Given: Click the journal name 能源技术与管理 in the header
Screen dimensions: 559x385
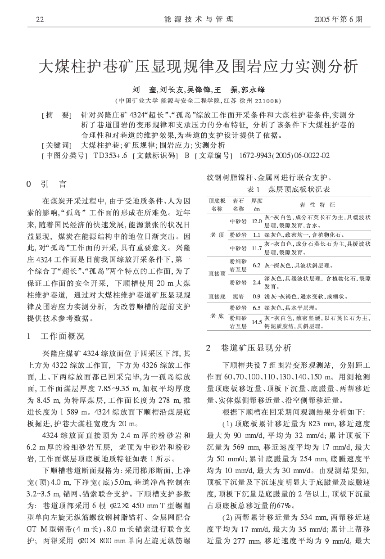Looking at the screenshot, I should coord(199,19).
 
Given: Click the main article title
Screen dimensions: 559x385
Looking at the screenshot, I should coord(198,67).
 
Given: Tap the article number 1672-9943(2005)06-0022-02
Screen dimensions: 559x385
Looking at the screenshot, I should coord(285,156).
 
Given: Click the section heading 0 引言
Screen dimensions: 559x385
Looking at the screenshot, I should coord(47,184).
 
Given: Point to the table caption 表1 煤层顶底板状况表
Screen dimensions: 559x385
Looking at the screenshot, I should coord(289,189).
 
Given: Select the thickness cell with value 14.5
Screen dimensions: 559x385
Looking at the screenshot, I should coord(257,322).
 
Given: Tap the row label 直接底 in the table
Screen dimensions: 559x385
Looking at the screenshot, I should coord(217,297).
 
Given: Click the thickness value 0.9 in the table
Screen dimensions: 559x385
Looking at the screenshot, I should coord(257,297).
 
